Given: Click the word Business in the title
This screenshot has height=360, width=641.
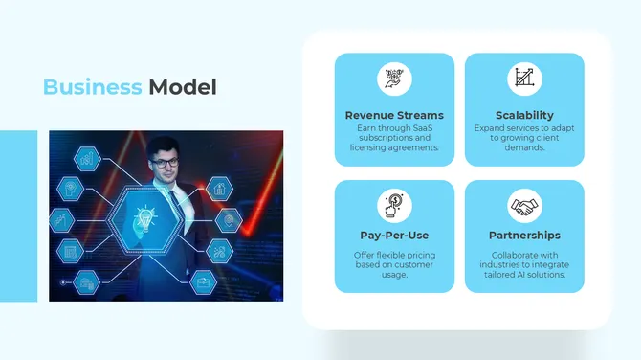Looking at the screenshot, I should pyautogui.click(x=92, y=87).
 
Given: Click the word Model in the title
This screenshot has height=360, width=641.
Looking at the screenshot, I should pyautogui.click(x=182, y=87).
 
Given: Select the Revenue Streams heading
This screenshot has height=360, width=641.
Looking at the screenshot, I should pyautogui.click(x=394, y=115).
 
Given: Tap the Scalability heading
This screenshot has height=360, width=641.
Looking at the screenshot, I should pyautogui.click(x=524, y=115).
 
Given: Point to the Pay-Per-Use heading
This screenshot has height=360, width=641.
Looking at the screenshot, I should pyautogui.click(x=394, y=235).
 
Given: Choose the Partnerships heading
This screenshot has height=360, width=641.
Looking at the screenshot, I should pyautogui.click(x=524, y=235).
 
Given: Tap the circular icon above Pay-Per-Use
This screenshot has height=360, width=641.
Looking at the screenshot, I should pyautogui.click(x=394, y=205).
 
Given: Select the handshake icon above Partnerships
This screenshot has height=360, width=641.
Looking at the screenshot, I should pyautogui.click(x=524, y=205).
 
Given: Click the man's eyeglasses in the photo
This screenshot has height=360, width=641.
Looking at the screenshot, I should pyautogui.click(x=164, y=163).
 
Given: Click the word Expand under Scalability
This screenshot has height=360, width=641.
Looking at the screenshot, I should pyautogui.click(x=489, y=127).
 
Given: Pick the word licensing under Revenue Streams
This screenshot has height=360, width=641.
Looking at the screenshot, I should pyautogui.click(x=368, y=147).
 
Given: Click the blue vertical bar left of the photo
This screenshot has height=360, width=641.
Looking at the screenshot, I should pyautogui.click(x=18, y=215).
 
